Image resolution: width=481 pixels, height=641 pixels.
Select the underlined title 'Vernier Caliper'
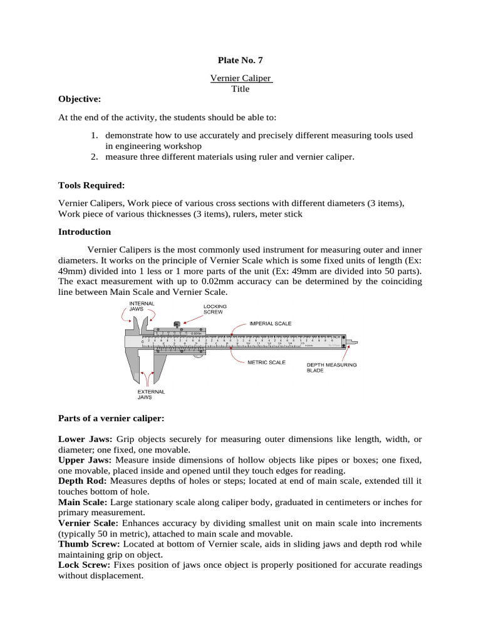point(240,78)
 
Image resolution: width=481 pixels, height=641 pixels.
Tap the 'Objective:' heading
point(79,99)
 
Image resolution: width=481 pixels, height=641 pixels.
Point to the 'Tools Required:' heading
point(91,186)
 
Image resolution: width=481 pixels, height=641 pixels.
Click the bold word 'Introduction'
point(85,232)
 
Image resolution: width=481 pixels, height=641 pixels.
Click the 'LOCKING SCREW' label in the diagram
point(214,309)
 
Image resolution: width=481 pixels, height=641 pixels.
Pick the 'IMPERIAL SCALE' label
point(271,324)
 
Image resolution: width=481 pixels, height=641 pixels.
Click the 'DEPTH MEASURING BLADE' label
point(331,367)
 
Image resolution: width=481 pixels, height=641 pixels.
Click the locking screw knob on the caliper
point(177,324)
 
